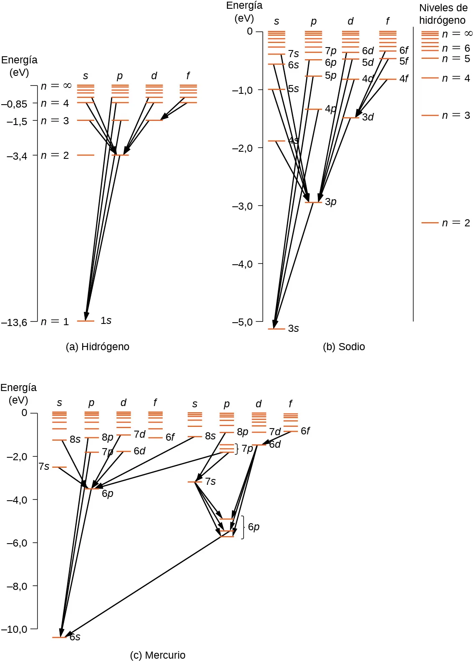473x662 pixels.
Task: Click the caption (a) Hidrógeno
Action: pyautogui.click(x=97, y=347)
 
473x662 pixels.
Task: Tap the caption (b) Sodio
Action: pyautogui.click(x=344, y=347)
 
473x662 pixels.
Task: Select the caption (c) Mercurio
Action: pyautogui.click(x=157, y=655)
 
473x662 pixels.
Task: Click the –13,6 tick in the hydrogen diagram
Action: pyautogui.click(x=14, y=322)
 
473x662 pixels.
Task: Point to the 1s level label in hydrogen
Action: pyautogui.click(x=106, y=321)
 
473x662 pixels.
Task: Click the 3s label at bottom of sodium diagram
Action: pyautogui.click(x=293, y=328)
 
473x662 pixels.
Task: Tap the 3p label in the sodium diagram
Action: pyautogui.click(x=330, y=202)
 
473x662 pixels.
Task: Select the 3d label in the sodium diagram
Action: pyautogui.click(x=367, y=117)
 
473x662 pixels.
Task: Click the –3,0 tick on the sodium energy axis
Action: pyautogui.click(x=242, y=206)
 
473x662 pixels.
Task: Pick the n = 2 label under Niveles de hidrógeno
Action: pyautogui.click(x=455, y=223)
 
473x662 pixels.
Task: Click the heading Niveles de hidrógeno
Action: pyautogui.click(x=443, y=14)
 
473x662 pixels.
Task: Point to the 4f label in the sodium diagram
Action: pyautogui.click(x=404, y=78)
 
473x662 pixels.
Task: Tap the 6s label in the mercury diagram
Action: pyautogui.click(x=75, y=637)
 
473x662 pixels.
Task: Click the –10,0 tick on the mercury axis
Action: pyautogui.click(x=17, y=629)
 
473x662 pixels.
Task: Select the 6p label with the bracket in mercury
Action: pyautogui.click(x=254, y=527)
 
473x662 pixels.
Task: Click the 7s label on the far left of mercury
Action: pyautogui.click(x=44, y=466)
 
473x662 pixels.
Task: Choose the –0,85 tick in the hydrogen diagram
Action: pyautogui.click(x=14, y=104)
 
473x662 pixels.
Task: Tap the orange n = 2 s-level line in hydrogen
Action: pyautogui.click(x=86, y=155)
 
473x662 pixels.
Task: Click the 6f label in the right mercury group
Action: pyautogui.click(x=305, y=431)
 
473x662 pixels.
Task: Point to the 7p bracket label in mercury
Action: pyautogui.click(x=247, y=449)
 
